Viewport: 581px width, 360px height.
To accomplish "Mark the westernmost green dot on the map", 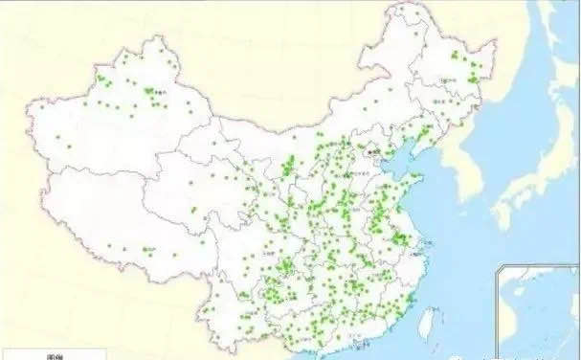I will point(56,135).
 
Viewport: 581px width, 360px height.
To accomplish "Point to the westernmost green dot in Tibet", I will point(109,245).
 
